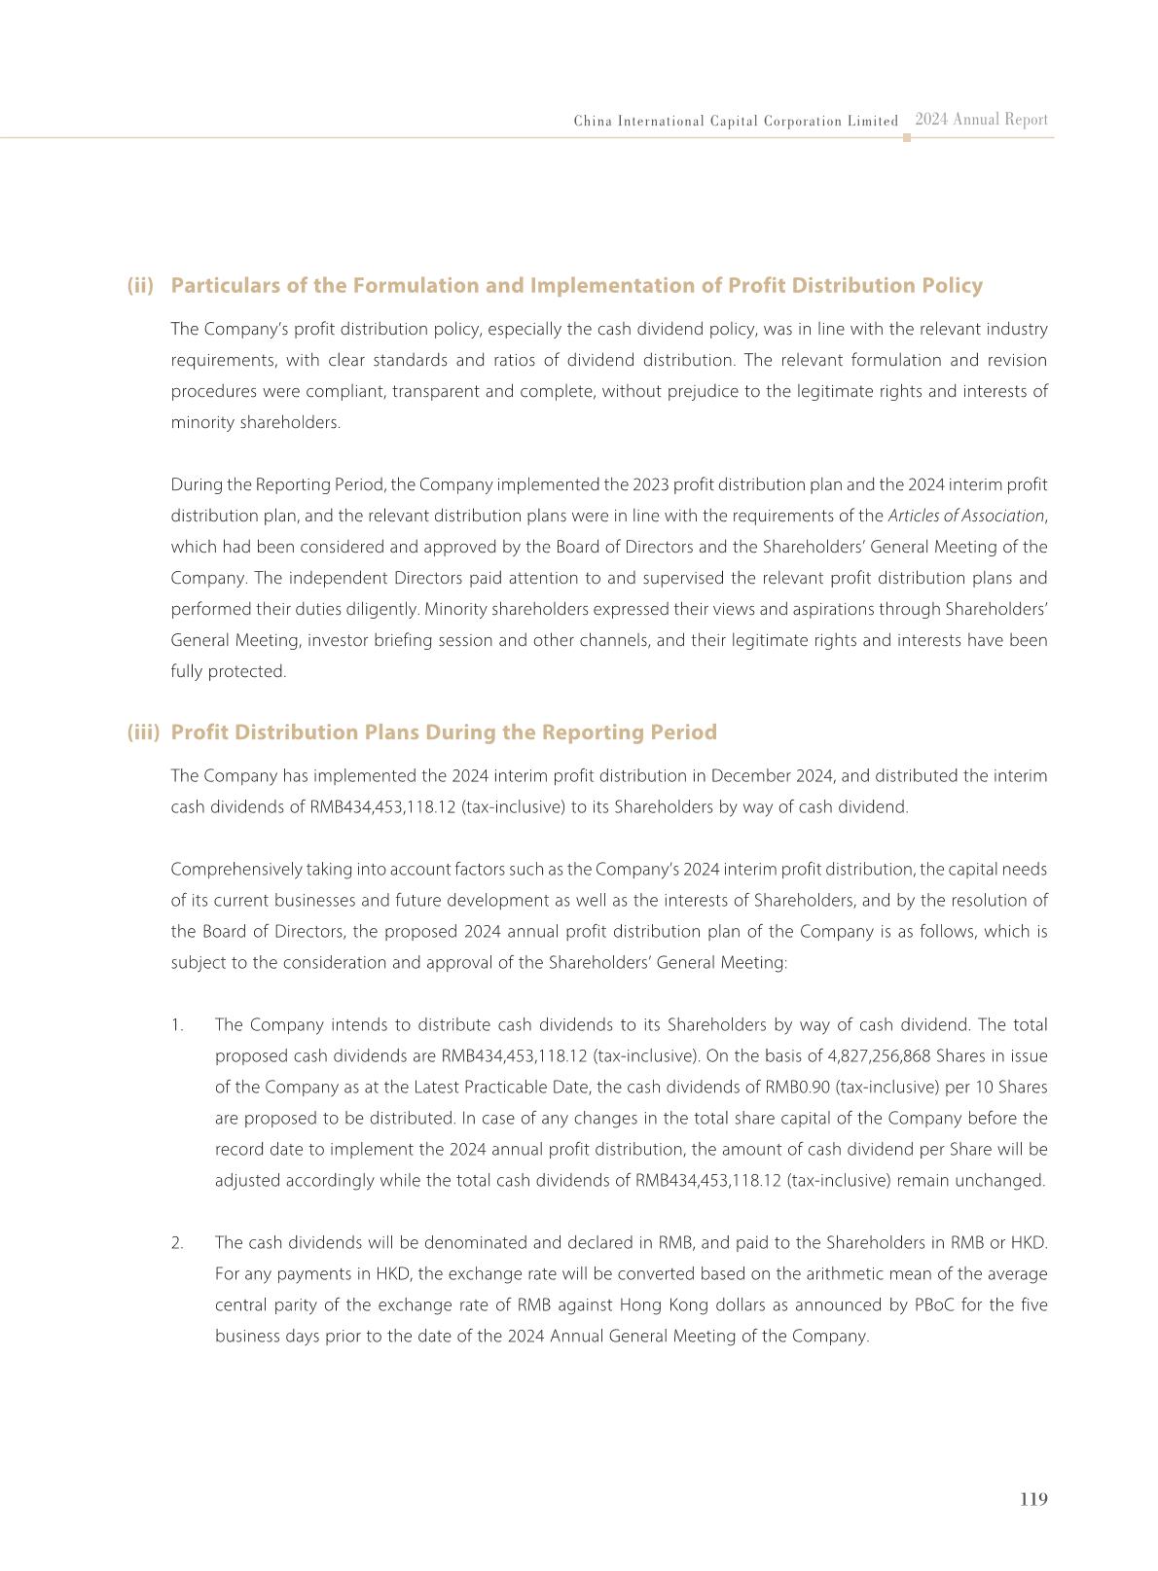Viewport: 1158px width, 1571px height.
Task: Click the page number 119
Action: point(1033,1499)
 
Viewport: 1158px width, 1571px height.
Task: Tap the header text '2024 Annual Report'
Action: point(981,120)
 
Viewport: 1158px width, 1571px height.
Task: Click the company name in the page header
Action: point(736,122)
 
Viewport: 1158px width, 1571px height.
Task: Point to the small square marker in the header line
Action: point(907,138)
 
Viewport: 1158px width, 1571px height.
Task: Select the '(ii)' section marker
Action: point(141,286)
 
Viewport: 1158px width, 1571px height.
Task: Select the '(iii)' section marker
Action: point(143,732)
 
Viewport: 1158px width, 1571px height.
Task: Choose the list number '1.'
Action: point(177,1025)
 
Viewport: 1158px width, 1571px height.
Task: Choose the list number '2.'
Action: point(177,1243)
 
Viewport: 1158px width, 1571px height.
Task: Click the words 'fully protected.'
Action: point(229,671)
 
